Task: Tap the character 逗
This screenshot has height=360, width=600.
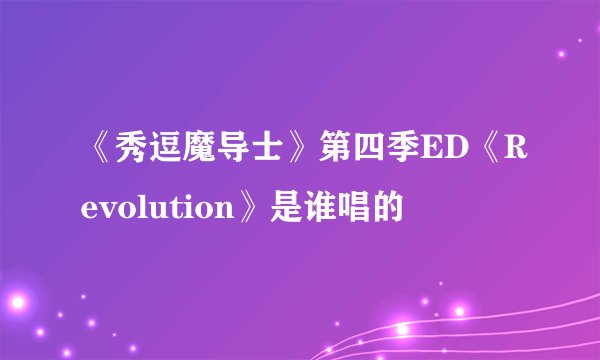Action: (154, 150)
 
